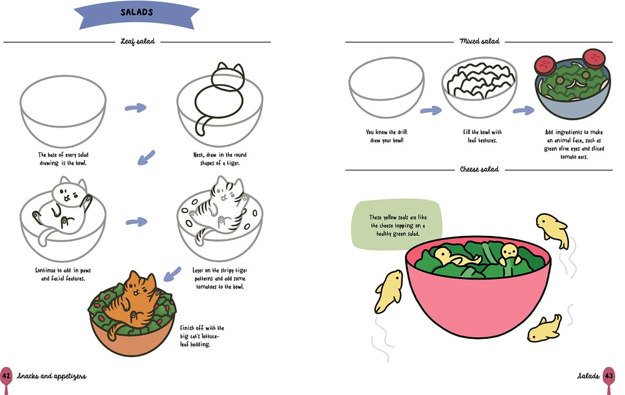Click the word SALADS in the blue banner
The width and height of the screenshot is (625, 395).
[x=136, y=12]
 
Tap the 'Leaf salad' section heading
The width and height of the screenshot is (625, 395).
[x=138, y=42]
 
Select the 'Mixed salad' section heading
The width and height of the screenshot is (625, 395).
[x=480, y=41]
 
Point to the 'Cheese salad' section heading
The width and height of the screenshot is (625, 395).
[x=479, y=169]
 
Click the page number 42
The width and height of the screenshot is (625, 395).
[x=6, y=376]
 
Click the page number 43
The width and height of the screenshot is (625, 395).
[x=608, y=376]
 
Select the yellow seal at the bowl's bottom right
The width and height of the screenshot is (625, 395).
[x=544, y=329]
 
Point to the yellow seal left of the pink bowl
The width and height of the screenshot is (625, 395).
[x=389, y=291]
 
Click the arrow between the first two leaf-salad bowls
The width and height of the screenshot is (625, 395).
[x=135, y=108]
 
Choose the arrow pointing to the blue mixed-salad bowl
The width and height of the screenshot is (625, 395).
[x=523, y=110]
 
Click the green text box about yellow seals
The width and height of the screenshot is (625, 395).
[x=397, y=224]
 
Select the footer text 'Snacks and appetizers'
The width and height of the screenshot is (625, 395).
[x=52, y=376]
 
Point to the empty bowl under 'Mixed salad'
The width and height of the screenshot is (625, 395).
[x=386, y=88]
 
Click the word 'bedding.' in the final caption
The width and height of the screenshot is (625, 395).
[x=200, y=344]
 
